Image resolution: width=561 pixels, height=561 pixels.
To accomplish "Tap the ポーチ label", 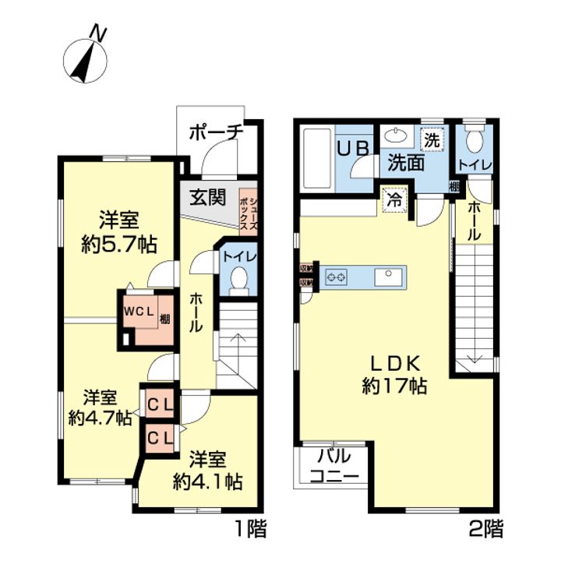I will [x=216, y=132].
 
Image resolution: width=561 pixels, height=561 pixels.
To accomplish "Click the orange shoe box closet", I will [x=248, y=210].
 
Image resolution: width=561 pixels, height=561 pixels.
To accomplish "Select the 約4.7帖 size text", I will [x=99, y=418].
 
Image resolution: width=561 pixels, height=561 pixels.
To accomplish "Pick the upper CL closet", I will [x=161, y=404].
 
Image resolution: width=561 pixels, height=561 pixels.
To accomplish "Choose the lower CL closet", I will [x=161, y=437].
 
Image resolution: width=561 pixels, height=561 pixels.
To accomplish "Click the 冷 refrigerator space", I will [x=395, y=198].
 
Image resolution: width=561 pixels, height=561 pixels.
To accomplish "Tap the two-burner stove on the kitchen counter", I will [x=337, y=276].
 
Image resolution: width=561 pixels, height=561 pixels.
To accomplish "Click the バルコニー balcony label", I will [x=333, y=467].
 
